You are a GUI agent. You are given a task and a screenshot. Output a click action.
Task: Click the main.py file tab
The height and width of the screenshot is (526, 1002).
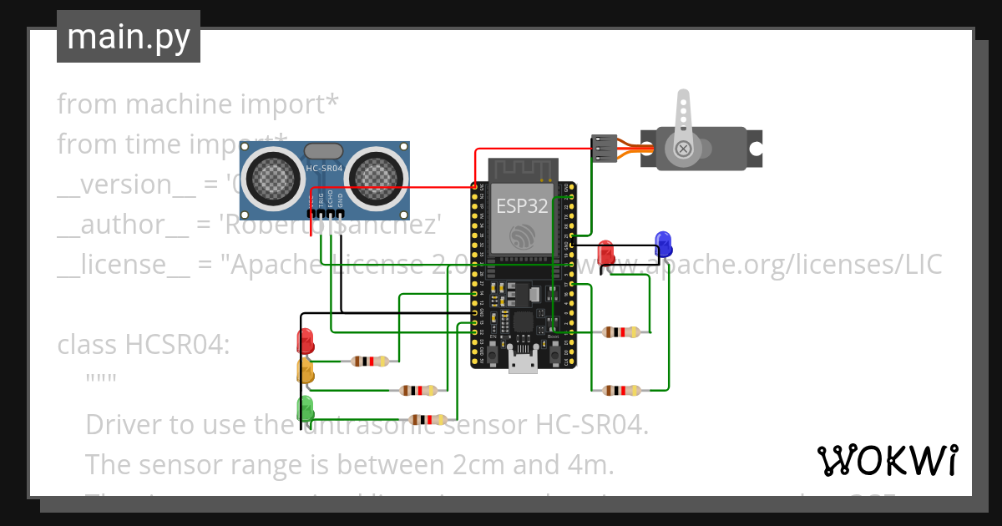[x=128, y=37]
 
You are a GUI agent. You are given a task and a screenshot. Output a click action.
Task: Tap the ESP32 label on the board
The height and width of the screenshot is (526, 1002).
[x=522, y=205]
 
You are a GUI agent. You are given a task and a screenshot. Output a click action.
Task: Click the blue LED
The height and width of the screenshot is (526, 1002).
[x=664, y=243]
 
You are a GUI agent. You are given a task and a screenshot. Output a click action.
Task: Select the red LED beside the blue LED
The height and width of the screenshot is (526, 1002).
[x=606, y=251]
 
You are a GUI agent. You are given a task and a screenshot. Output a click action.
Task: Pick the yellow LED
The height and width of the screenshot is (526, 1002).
[x=306, y=372]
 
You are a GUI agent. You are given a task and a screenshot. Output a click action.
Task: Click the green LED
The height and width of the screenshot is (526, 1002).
[x=306, y=408]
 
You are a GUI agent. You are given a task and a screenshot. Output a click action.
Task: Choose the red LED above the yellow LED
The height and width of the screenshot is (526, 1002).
[x=306, y=340]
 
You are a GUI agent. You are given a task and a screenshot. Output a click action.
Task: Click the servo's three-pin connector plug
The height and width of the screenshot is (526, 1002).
[x=604, y=148]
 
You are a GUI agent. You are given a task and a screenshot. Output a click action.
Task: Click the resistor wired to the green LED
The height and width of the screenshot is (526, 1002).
[x=428, y=420]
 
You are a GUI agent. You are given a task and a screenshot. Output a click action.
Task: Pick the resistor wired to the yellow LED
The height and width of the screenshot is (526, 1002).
[x=417, y=390]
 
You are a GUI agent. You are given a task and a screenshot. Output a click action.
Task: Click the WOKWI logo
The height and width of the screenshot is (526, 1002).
[x=887, y=460]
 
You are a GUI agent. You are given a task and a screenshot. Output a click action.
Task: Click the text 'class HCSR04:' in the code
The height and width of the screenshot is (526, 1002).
[x=143, y=344]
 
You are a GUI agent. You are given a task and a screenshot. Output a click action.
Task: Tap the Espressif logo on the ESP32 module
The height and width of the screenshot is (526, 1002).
[x=522, y=235]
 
